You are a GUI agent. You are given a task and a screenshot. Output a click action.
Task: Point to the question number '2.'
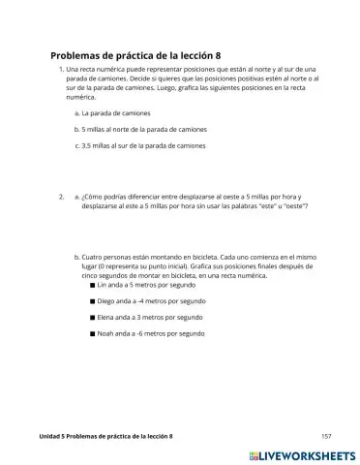pyautogui.click(x=62, y=197)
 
